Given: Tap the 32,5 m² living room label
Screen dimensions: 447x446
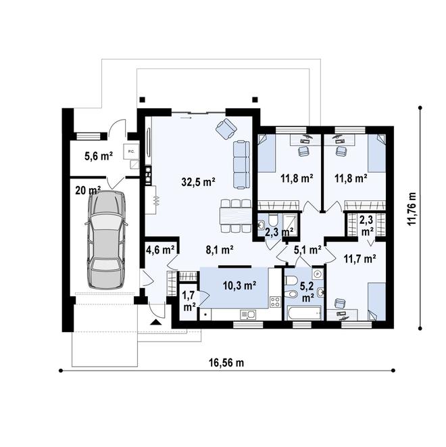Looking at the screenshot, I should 198,182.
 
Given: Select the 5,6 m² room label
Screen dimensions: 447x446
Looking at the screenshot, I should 97,156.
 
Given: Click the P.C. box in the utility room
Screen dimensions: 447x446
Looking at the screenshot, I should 130,152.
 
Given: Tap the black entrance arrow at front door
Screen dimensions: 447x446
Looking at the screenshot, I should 156,323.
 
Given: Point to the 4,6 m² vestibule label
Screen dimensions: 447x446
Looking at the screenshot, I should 160,250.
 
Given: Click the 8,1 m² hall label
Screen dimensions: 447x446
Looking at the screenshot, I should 219,250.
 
